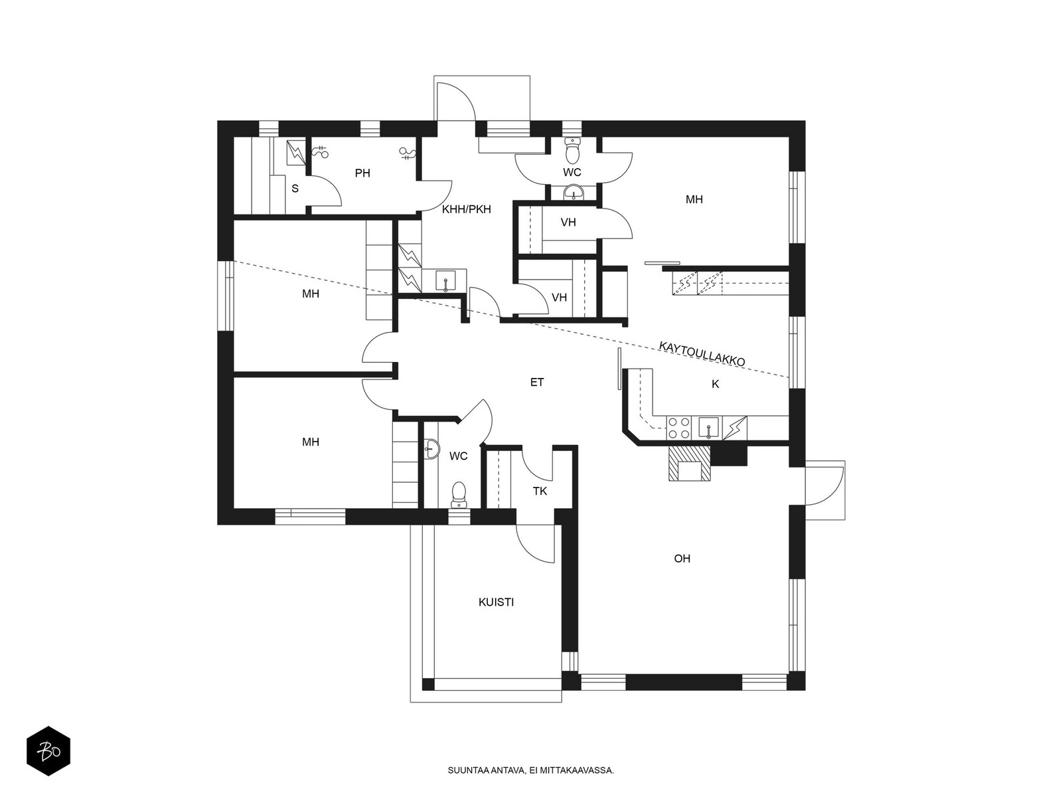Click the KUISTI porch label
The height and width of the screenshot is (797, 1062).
(496, 602)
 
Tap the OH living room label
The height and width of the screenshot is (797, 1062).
(682, 559)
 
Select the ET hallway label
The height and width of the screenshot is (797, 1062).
(536, 383)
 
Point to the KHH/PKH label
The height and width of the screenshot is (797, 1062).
(467, 209)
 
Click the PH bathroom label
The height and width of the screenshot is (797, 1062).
(362, 173)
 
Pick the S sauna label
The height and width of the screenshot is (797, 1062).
(295, 189)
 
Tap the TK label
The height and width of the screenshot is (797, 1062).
(540, 491)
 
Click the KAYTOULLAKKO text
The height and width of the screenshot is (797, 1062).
(702, 354)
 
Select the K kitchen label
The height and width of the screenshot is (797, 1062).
(715, 385)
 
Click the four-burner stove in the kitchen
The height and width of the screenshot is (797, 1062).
(679, 428)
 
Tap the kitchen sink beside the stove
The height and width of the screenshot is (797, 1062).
(709, 428)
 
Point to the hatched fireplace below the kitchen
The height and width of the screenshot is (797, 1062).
(690, 463)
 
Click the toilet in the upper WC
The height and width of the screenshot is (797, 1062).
(572, 151)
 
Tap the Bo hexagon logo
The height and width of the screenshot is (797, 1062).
(48, 751)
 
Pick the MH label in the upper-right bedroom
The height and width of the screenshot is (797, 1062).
(694, 199)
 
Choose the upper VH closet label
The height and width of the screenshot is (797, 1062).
(568, 222)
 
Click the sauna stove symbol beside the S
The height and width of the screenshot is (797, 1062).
(295, 153)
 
